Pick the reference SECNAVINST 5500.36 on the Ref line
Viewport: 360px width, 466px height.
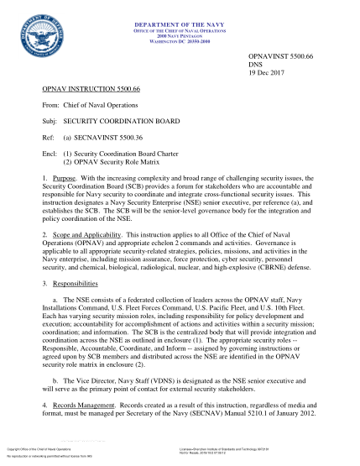(x=116, y=139)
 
